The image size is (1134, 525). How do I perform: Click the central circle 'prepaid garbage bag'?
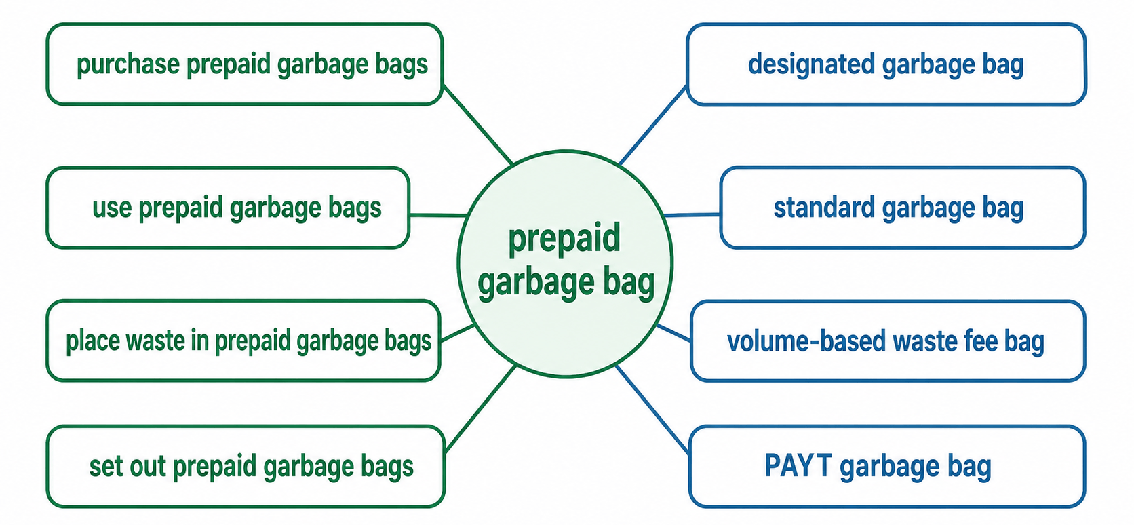[565, 264]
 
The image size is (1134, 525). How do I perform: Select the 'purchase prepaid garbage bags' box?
[245, 64]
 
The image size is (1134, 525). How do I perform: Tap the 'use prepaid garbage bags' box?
[228, 208]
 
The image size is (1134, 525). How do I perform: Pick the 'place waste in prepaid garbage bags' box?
[243, 341]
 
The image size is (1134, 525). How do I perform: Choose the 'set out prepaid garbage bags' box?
[246, 466]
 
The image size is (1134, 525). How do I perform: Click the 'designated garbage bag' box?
[886, 64]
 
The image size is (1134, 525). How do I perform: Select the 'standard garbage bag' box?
[903, 208]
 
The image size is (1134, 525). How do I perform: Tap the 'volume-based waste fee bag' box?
[888, 341]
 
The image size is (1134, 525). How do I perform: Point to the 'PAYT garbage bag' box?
[887, 466]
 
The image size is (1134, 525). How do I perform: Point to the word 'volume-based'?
[806, 341]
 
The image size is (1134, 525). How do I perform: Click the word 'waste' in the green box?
[155, 341]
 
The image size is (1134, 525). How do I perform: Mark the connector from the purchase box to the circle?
[478, 125]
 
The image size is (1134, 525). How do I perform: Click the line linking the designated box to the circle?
[653, 125]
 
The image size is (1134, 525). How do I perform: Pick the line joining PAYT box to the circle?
[652, 409]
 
